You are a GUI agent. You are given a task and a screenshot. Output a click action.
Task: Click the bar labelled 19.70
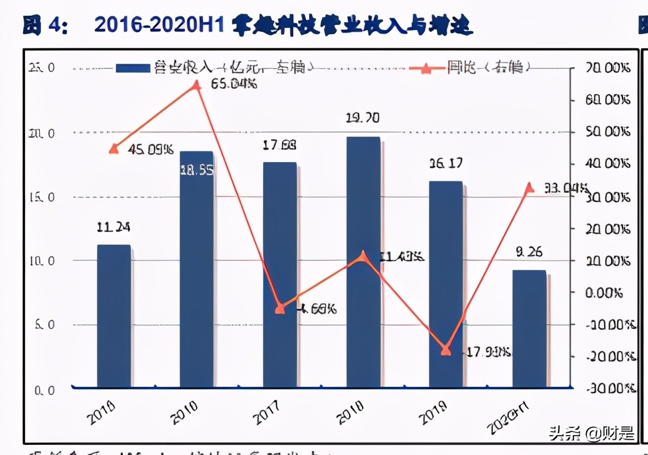tap(363, 262)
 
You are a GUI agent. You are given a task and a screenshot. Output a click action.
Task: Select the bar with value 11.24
tap(114, 316)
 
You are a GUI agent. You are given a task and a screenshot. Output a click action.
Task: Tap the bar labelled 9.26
tap(529, 329)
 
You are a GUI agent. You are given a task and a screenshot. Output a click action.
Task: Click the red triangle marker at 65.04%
tap(197, 85)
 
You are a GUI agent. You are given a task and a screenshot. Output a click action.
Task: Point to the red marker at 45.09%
tap(114, 149)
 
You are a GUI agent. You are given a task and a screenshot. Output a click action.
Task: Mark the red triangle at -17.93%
tap(446, 350)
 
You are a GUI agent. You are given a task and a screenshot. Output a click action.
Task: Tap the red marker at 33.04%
tap(529, 188)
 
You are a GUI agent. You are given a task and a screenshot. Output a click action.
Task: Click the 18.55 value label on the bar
tap(197, 170)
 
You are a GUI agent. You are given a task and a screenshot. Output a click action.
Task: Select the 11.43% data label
tap(401, 257)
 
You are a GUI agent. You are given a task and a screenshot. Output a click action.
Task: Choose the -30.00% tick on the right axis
tap(608, 389)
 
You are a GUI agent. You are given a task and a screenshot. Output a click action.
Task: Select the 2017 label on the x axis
tap(267, 412)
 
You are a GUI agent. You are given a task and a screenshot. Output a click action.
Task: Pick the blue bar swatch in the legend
tap(134, 68)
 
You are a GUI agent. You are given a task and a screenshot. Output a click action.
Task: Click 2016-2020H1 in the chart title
tap(160, 26)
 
